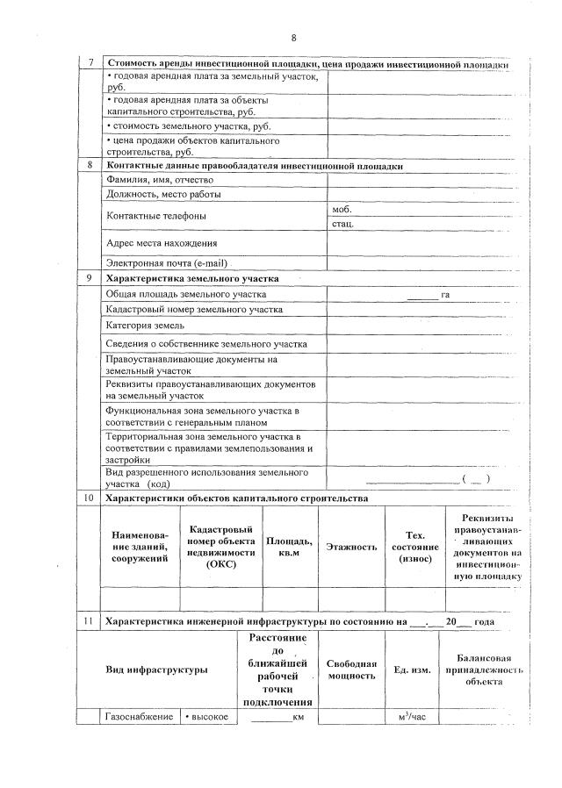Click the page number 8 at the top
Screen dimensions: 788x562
click(x=294, y=38)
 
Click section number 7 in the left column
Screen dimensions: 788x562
click(x=90, y=65)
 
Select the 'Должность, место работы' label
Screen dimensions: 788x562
click(x=163, y=194)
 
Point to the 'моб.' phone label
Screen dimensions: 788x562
click(x=342, y=210)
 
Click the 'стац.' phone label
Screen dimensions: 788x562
click(x=342, y=225)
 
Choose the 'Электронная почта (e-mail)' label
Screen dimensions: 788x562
click(x=167, y=262)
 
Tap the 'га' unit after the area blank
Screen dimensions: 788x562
click(x=445, y=295)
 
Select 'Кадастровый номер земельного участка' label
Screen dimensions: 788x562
click(x=194, y=310)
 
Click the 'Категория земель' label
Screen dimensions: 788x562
click(x=145, y=326)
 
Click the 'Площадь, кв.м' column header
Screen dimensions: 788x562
click(x=289, y=547)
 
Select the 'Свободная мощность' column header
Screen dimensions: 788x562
click(x=351, y=670)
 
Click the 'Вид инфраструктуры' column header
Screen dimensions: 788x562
click(x=156, y=670)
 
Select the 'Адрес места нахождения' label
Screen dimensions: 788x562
click(x=162, y=243)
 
